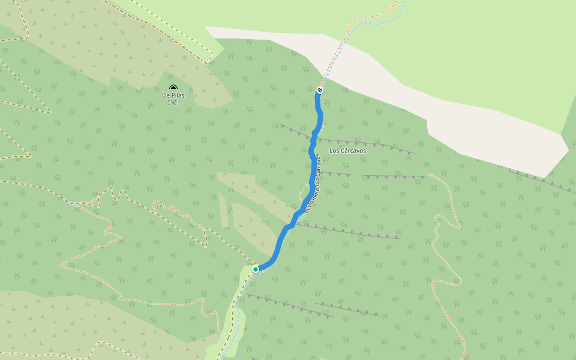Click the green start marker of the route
[256, 269]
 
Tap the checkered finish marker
[320, 90]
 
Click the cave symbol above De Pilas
[173, 88]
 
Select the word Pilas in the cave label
[177, 95]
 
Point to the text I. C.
[173, 103]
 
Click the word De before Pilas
[166, 95]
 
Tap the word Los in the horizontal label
[334, 151]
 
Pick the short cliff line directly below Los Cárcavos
[336, 174]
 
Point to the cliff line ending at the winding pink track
[396, 177]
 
